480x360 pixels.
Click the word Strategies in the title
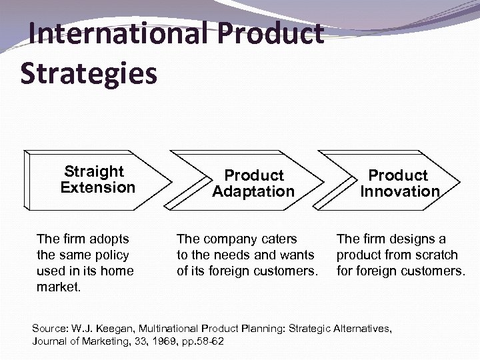(89, 73)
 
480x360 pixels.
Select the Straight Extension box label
(97, 179)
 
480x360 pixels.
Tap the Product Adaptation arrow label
(253, 183)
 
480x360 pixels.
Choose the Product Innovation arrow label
(399, 183)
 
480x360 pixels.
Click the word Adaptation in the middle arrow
(253, 192)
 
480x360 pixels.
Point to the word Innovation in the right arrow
(400, 192)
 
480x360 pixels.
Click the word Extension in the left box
(97, 187)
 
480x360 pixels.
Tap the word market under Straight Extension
(57, 287)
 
